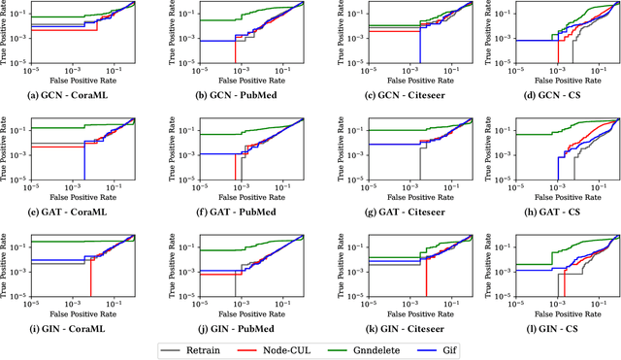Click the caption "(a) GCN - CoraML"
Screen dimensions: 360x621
(82, 95)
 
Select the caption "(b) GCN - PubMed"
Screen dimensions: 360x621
(237, 95)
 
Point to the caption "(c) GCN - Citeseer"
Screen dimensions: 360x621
(393, 95)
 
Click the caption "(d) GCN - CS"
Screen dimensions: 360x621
(547, 95)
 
